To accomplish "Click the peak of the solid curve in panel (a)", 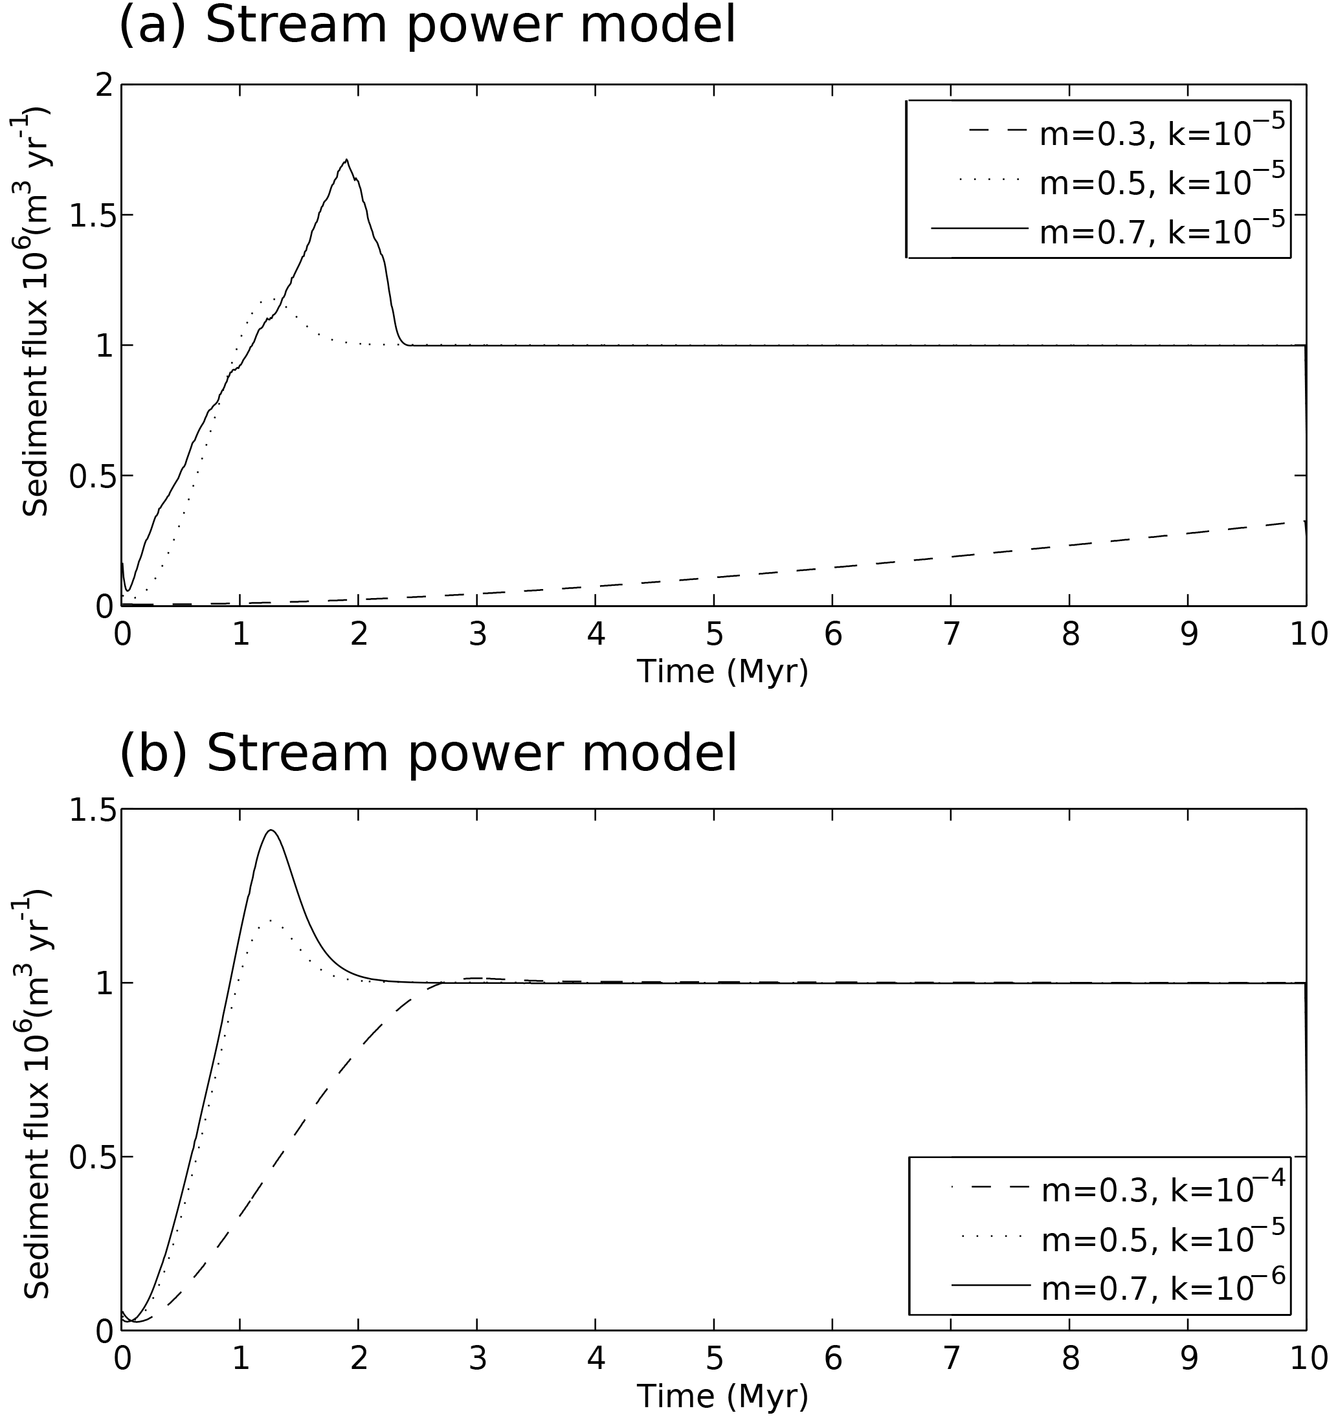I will pos(347,160).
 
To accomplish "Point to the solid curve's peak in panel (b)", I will pos(271,830).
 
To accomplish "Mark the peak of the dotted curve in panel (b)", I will pos(270,919).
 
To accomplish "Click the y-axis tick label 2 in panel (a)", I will pos(105,85).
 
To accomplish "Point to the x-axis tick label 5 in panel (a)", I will pos(714,634).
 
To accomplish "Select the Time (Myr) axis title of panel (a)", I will pos(722,672).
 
